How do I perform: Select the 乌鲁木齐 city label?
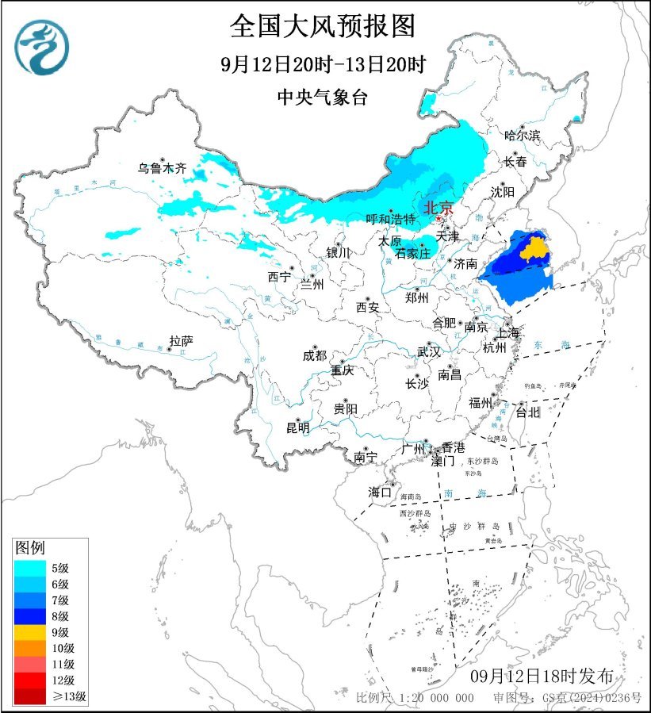pyautogui.click(x=162, y=168)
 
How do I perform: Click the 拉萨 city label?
pyautogui.click(x=181, y=341)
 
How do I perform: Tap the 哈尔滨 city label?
pyautogui.click(x=522, y=136)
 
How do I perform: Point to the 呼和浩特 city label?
pyautogui.click(x=390, y=219)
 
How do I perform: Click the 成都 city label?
pyautogui.click(x=314, y=356)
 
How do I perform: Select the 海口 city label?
pyautogui.click(x=380, y=493)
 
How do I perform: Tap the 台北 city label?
pyautogui.click(x=527, y=412)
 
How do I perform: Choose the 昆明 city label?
pyautogui.click(x=298, y=427)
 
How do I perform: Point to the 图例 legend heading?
pyautogui.click(x=31, y=548)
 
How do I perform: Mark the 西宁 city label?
pyautogui.click(x=279, y=277)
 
